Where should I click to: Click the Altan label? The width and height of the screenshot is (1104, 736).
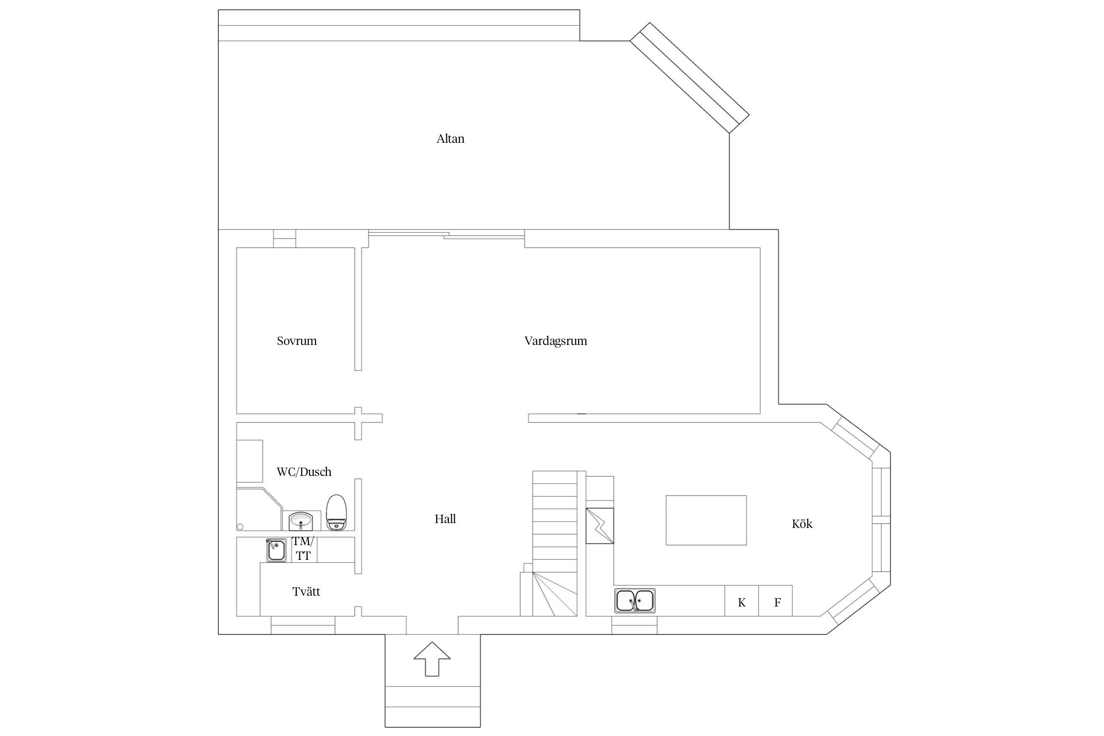point(450,139)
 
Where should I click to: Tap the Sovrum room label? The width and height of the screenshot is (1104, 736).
point(296,341)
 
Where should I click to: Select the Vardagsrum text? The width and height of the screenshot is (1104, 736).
point(555,341)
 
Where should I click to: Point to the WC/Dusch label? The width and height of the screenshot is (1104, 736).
point(304,472)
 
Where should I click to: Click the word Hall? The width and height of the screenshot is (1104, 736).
point(445,519)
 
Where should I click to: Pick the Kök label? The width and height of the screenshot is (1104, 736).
point(802,524)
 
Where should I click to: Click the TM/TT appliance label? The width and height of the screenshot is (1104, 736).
point(303,549)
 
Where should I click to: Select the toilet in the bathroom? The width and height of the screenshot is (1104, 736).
point(337,512)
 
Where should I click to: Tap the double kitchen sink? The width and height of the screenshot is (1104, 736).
point(635,601)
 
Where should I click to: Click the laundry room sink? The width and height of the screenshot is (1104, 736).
point(276,550)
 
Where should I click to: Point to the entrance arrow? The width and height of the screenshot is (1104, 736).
point(432,658)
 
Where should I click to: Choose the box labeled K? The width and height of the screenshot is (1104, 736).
point(741,601)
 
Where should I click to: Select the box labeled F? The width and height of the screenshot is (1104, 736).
point(775,601)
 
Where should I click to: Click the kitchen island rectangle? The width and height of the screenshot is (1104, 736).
point(706,520)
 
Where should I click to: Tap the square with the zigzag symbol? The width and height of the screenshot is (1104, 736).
point(600,526)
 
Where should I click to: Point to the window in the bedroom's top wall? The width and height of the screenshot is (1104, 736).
point(285,238)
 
